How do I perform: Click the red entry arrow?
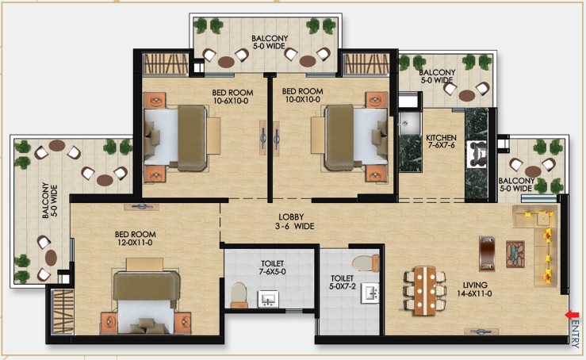[572, 315]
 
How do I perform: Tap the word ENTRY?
[576, 334]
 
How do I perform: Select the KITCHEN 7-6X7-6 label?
[441, 141]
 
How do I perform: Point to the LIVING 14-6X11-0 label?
[475, 289]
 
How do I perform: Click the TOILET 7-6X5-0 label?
[273, 268]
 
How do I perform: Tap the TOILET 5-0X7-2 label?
[342, 282]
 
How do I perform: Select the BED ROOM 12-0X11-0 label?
[136, 239]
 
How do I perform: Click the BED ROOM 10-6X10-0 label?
[232, 97]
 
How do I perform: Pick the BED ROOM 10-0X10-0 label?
[303, 95]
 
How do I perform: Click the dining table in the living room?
[424, 291]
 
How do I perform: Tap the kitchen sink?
[404, 121]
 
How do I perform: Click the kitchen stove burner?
[477, 153]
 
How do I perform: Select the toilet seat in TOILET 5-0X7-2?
[366, 263]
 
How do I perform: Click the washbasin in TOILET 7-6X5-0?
[268, 299]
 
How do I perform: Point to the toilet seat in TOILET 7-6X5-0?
[239, 295]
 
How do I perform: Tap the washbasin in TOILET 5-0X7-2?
[370, 293]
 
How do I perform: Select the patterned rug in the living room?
[515, 255]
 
